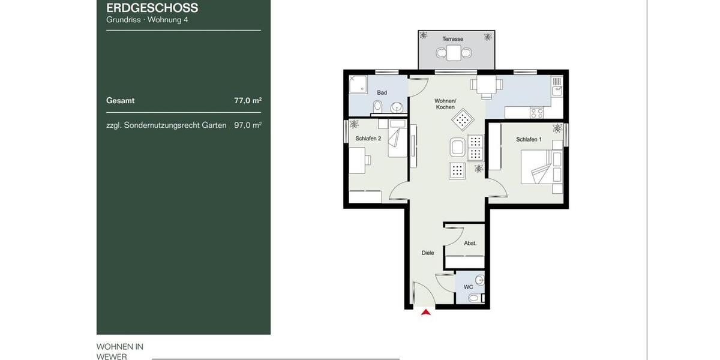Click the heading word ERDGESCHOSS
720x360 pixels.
(x=152, y=8)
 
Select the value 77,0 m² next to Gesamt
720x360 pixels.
(x=247, y=101)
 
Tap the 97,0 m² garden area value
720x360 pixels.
(x=247, y=125)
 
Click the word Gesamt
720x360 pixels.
(x=120, y=101)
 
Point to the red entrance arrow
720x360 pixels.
(x=426, y=312)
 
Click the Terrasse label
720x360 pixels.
(x=452, y=39)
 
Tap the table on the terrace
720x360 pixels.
(x=454, y=53)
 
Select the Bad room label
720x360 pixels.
(x=382, y=93)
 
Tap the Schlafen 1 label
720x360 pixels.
(x=529, y=140)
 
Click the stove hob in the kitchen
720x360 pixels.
(x=536, y=112)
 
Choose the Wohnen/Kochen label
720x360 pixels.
(x=446, y=104)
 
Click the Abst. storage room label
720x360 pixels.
(x=470, y=243)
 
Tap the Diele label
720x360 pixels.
(x=427, y=253)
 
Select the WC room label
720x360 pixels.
(x=468, y=287)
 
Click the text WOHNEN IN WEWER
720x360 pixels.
(x=120, y=352)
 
